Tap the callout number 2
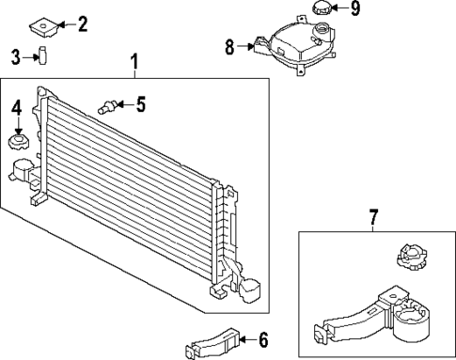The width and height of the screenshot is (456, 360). (x=83, y=23)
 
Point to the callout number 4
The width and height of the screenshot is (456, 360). (x=16, y=109)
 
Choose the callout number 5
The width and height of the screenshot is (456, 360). (x=140, y=103)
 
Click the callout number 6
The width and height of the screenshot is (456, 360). (x=263, y=338)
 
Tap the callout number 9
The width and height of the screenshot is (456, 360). (x=354, y=10)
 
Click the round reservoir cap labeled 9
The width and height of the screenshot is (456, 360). (x=322, y=11)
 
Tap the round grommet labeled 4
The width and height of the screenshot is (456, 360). (x=17, y=144)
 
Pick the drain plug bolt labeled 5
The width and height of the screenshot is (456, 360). (x=107, y=106)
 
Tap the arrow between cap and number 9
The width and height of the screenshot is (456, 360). (x=340, y=10)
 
